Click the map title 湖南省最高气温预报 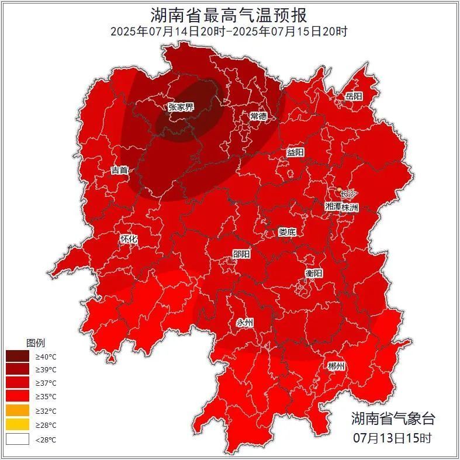pyautogui.click(x=229, y=14)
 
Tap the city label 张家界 pyautogui.click(x=181, y=107)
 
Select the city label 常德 pyautogui.click(x=258, y=116)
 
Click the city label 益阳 pyautogui.click(x=295, y=152)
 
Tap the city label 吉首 pyautogui.click(x=119, y=171)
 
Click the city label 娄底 pyautogui.click(x=286, y=232)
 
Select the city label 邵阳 pyautogui.click(x=241, y=254)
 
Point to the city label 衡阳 pyautogui.click(x=313, y=273)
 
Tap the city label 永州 pyautogui.click(x=245, y=323)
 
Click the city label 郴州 pyautogui.click(x=336, y=366)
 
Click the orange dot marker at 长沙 pyautogui.click(x=340, y=189)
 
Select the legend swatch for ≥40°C pyautogui.click(x=17, y=356)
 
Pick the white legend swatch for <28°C pyautogui.click(x=17, y=439)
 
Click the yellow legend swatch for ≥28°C pyautogui.click(x=17, y=425)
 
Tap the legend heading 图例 pyautogui.click(x=35, y=343)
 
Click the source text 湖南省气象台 pyautogui.click(x=393, y=419)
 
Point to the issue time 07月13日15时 pyautogui.click(x=393, y=438)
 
